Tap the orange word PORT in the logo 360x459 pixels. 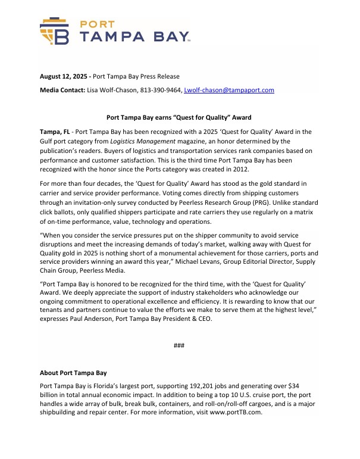(98, 24)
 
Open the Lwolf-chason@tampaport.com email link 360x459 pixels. (229, 90)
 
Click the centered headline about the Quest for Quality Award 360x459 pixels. (180, 118)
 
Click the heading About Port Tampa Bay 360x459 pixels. (73, 373)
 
